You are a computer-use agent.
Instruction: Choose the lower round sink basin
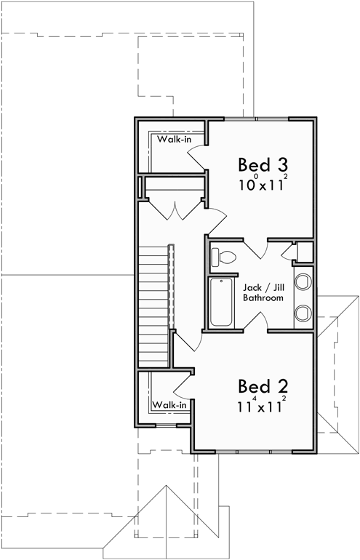coord(303,313)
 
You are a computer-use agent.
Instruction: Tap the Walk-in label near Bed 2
coord(170,404)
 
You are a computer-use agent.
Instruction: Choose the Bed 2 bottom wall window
coord(256,452)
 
